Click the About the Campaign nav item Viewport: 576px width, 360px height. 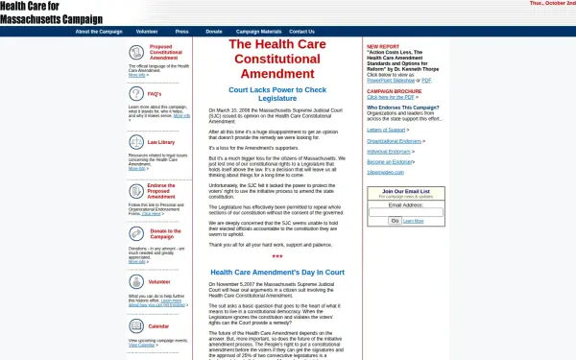point(99,32)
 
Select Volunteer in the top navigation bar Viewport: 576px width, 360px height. point(147,32)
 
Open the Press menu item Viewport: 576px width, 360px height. point(182,32)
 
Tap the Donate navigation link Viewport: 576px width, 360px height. point(213,32)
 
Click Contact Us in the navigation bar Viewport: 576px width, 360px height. point(301,32)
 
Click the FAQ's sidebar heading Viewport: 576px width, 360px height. point(155,93)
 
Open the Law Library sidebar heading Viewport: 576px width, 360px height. point(161,142)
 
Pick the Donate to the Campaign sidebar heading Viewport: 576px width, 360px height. point(165,234)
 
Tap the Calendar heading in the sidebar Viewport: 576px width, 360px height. point(159,326)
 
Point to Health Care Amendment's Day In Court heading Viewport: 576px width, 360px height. point(276,273)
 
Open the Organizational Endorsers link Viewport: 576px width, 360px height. point(394,141)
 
